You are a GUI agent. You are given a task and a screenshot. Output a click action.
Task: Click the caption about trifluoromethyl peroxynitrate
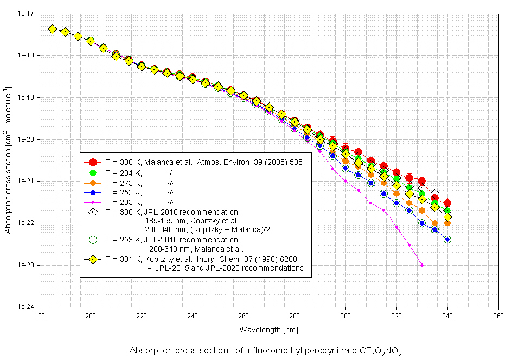coord(266,351)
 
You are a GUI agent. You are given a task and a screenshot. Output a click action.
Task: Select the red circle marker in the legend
coord(93,162)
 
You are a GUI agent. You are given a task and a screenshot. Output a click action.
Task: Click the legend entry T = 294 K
coord(124,172)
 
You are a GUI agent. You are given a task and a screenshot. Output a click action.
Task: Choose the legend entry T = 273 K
coord(124,182)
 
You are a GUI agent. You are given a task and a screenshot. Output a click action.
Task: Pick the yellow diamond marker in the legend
coord(93,259)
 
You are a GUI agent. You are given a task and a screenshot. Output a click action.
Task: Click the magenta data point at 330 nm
coord(422,265)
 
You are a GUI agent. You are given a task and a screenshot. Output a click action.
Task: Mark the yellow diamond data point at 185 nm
coord(52,29)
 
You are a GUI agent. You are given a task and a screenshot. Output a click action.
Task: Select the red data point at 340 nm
coord(447,203)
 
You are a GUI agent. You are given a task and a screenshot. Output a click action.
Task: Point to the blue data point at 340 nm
coord(447,239)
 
